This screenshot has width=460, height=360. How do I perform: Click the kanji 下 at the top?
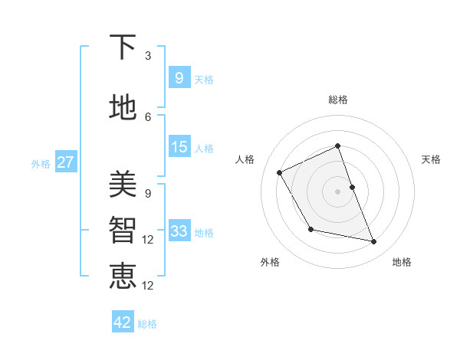(x=123, y=47)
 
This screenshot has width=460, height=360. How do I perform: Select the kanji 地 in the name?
(x=123, y=108)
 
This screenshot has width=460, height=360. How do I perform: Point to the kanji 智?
(x=123, y=229)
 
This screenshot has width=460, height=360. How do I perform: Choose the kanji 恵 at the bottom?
(x=123, y=275)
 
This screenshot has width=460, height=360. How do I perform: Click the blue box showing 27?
(x=66, y=162)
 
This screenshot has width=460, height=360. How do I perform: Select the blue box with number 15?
(x=179, y=147)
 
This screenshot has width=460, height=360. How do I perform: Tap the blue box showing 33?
(x=179, y=231)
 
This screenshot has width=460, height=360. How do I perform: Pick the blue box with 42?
(x=123, y=322)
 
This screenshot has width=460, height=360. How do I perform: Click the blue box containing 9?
(x=179, y=77)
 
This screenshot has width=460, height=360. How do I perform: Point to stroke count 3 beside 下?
(x=147, y=56)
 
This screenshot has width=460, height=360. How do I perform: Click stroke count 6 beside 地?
(x=147, y=116)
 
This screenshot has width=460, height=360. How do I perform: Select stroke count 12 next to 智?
(x=147, y=240)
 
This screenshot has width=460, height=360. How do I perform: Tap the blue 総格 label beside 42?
(x=147, y=324)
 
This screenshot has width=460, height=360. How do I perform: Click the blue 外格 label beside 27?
(x=41, y=163)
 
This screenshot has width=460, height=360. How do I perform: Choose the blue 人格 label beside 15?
(x=204, y=149)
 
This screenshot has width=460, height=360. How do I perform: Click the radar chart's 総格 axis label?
(x=337, y=100)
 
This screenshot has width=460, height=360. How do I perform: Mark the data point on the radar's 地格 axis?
(x=374, y=242)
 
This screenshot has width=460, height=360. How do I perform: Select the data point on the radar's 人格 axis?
(x=280, y=172)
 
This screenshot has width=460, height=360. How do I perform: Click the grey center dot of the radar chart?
(x=337, y=191)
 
